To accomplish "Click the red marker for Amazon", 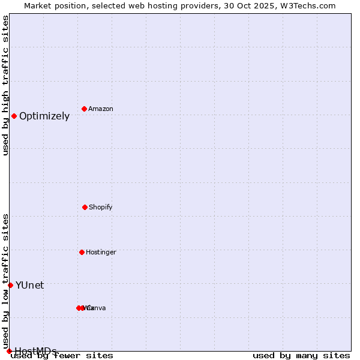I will point(84,109).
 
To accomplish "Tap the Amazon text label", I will point(101,109).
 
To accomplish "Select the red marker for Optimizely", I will point(14,116).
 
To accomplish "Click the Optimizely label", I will point(44,116).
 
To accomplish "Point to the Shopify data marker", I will point(85,207).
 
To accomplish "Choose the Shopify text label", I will point(101,208).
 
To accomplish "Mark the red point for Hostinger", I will point(82,252).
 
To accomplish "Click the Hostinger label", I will point(101,253).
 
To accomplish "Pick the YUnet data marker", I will point(10,285).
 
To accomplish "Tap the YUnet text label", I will point(29,286).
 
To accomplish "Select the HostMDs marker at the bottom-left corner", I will point(9,351).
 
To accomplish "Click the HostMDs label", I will point(35,351).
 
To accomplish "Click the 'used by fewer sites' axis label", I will point(62,356).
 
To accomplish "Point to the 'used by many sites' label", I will point(301,356).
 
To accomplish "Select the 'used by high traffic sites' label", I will point(6,85).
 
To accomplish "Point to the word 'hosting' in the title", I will point(167,5).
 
